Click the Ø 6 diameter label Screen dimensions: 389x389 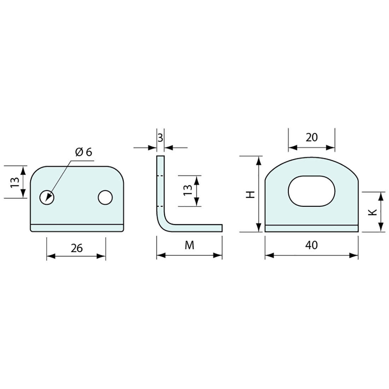tap(84, 152)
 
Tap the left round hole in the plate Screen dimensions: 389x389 tap(47, 197)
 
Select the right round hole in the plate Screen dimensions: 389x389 tap(105, 197)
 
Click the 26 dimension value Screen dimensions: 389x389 tap(77, 248)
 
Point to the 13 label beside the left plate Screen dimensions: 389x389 tap(15, 182)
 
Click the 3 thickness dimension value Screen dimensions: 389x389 tap(160, 138)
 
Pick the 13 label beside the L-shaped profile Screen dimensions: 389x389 tap(188, 190)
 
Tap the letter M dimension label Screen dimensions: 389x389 tap(190, 245)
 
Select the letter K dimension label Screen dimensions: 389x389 tap(372, 213)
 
